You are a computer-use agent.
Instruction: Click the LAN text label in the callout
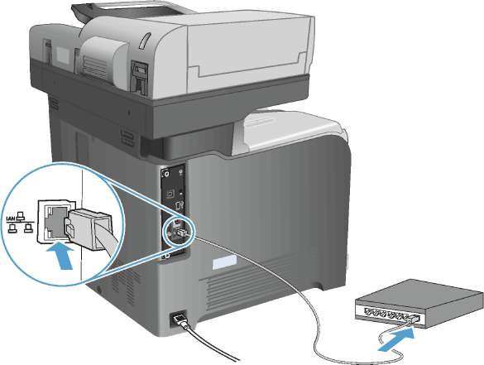coord(11,219)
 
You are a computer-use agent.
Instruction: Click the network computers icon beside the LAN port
coord(21,223)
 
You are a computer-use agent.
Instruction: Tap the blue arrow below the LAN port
coord(60,256)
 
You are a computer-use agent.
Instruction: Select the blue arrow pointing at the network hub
coord(396,339)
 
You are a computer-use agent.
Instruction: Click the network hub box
coord(419,305)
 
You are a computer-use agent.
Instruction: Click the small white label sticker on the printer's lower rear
coord(224,262)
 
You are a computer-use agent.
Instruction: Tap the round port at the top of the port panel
coord(166,174)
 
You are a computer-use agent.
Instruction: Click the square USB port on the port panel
coord(170,194)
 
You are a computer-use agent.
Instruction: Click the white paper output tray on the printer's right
coord(287,130)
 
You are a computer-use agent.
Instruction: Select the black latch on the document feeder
coord(139,77)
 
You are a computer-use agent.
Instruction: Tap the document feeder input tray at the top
coord(130,11)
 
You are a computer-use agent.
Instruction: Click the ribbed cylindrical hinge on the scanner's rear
coord(102,60)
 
